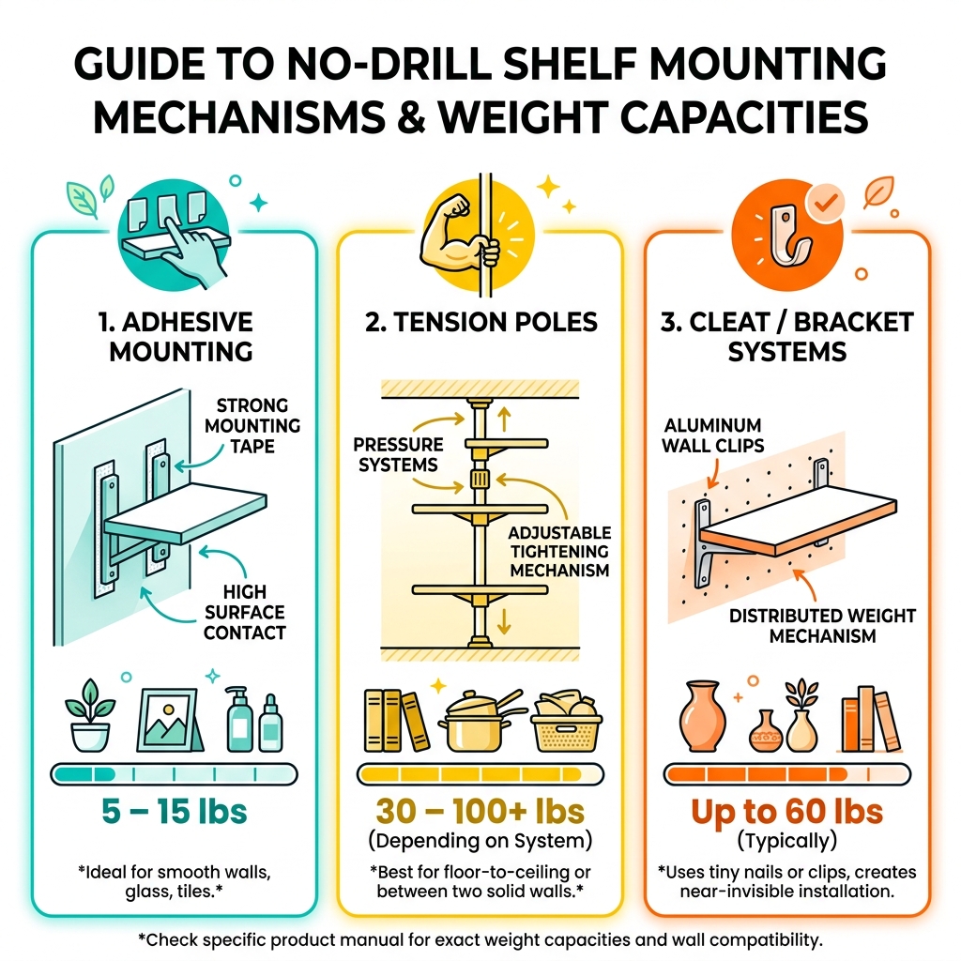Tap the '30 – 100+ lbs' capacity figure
click(x=480, y=811)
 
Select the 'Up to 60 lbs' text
click(x=786, y=811)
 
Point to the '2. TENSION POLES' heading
click(x=480, y=323)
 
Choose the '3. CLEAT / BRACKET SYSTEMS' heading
click(x=786, y=337)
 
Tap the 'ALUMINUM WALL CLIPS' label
click(x=711, y=435)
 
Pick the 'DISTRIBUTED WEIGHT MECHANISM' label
click(x=822, y=625)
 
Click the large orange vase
click(x=700, y=719)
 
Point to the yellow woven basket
click(x=566, y=724)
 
